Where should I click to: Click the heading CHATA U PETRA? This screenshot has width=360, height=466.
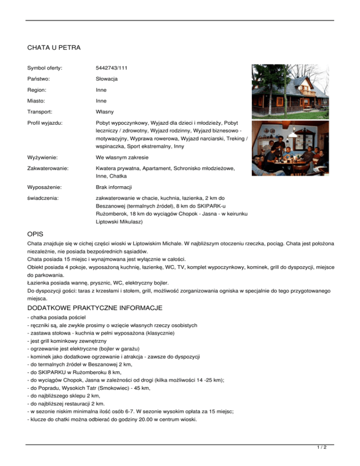click(54, 48)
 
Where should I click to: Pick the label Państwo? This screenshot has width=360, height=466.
click(40, 79)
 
